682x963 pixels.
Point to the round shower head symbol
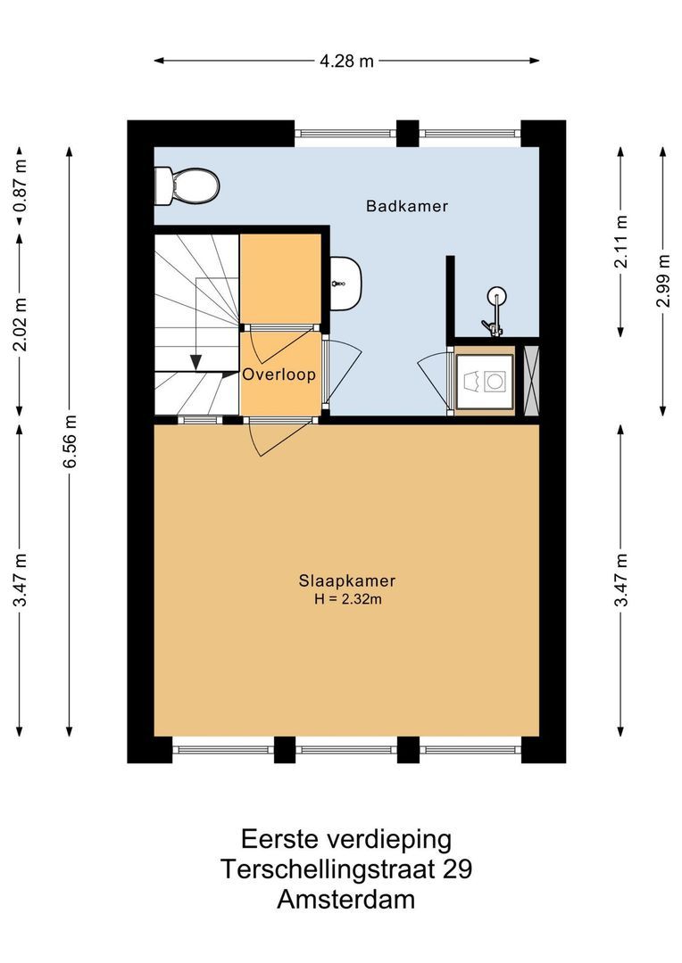coord(496,296)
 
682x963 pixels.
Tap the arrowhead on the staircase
coord(195,361)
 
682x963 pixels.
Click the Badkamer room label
coord(407,206)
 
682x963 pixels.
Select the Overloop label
coord(279,375)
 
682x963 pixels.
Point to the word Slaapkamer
coord(347,580)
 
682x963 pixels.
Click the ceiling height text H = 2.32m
coord(347,599)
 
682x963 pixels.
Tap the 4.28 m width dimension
coord(346,61)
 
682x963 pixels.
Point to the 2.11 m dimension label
coord(622,241)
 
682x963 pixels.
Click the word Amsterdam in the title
coord(345,900)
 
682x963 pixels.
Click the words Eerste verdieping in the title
coord(345,839)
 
